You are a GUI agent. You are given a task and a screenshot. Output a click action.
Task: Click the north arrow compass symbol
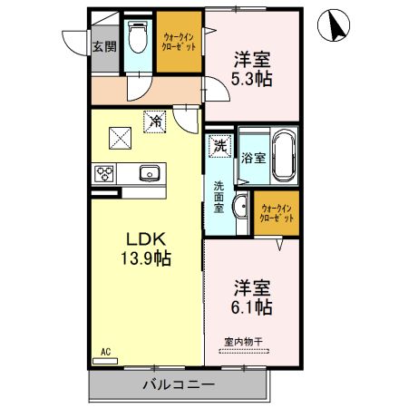pyautogui.click(x=334, y=25)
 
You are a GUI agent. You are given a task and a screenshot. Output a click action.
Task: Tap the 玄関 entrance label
pyautogui.click(x=104, y=46)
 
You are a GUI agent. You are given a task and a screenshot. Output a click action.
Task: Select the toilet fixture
pyautogui.click(x=138, y=37)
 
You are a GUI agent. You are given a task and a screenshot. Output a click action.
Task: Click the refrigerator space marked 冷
pyautogui.click(x=155, y=121)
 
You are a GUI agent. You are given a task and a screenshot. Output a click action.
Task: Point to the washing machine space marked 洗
pyautogui.click(x=220, y=146)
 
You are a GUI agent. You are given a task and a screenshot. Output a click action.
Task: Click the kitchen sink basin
pyautogui.click(x=150, y=173)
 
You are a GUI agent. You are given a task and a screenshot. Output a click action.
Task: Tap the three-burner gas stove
pyautogui.click(x=104, y=174)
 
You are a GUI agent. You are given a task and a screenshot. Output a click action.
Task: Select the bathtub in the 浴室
pyautogui.click(x=284, y=156)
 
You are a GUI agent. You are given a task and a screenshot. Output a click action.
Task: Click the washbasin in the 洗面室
pyautogui.click(x=241, y=206)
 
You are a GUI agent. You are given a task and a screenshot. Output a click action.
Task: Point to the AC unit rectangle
pyautogui.click(x=105, y=361)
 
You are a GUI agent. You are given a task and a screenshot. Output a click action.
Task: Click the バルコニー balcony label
pyautogui.click(x=179, y=384)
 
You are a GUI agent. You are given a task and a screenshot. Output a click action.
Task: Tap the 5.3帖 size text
pyautogui.click(x=251, y=79)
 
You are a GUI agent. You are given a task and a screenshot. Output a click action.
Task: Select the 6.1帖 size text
pyautogui.click(x=251, y=307)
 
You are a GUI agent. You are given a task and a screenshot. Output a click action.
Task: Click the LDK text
pyautogui.click(x=146, y=239)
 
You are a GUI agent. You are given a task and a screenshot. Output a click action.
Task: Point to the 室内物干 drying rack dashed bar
pyautogui.click(x=244, y=352)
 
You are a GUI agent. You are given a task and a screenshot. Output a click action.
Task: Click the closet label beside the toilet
pyautogui.click(x=179, y=42)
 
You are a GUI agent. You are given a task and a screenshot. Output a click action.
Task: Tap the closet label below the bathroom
pyautogui.click(x=277, y=213)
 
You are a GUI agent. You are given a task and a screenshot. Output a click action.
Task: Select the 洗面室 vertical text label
pyautogui.click(x=219, y=197)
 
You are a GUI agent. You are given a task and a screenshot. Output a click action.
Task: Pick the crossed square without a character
pyautogui.click(x=120, y=138)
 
